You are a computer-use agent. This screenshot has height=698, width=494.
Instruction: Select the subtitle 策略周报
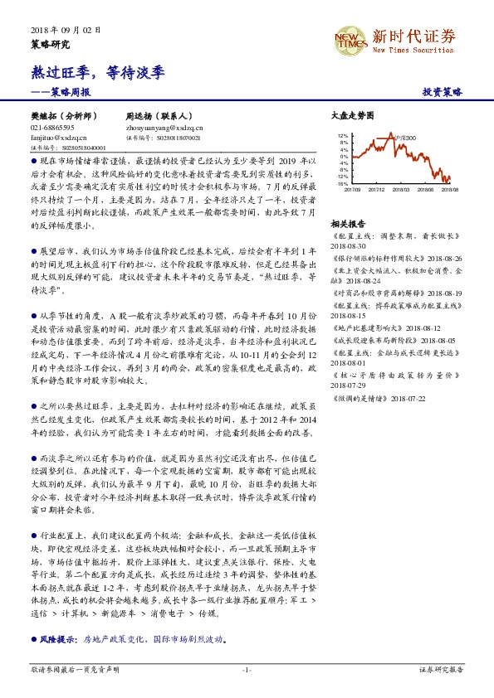[75, 93]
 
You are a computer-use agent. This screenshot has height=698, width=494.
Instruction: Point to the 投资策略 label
[443, 93]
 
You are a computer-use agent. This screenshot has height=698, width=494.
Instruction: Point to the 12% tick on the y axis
[343, 135]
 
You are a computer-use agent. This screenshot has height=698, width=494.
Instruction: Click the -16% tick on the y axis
[342, 183]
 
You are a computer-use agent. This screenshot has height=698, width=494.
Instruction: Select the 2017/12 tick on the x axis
[376, 189]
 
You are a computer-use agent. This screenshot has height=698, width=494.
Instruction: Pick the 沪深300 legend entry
[404, 138]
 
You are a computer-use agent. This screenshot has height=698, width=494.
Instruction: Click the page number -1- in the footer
[247, 668]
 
